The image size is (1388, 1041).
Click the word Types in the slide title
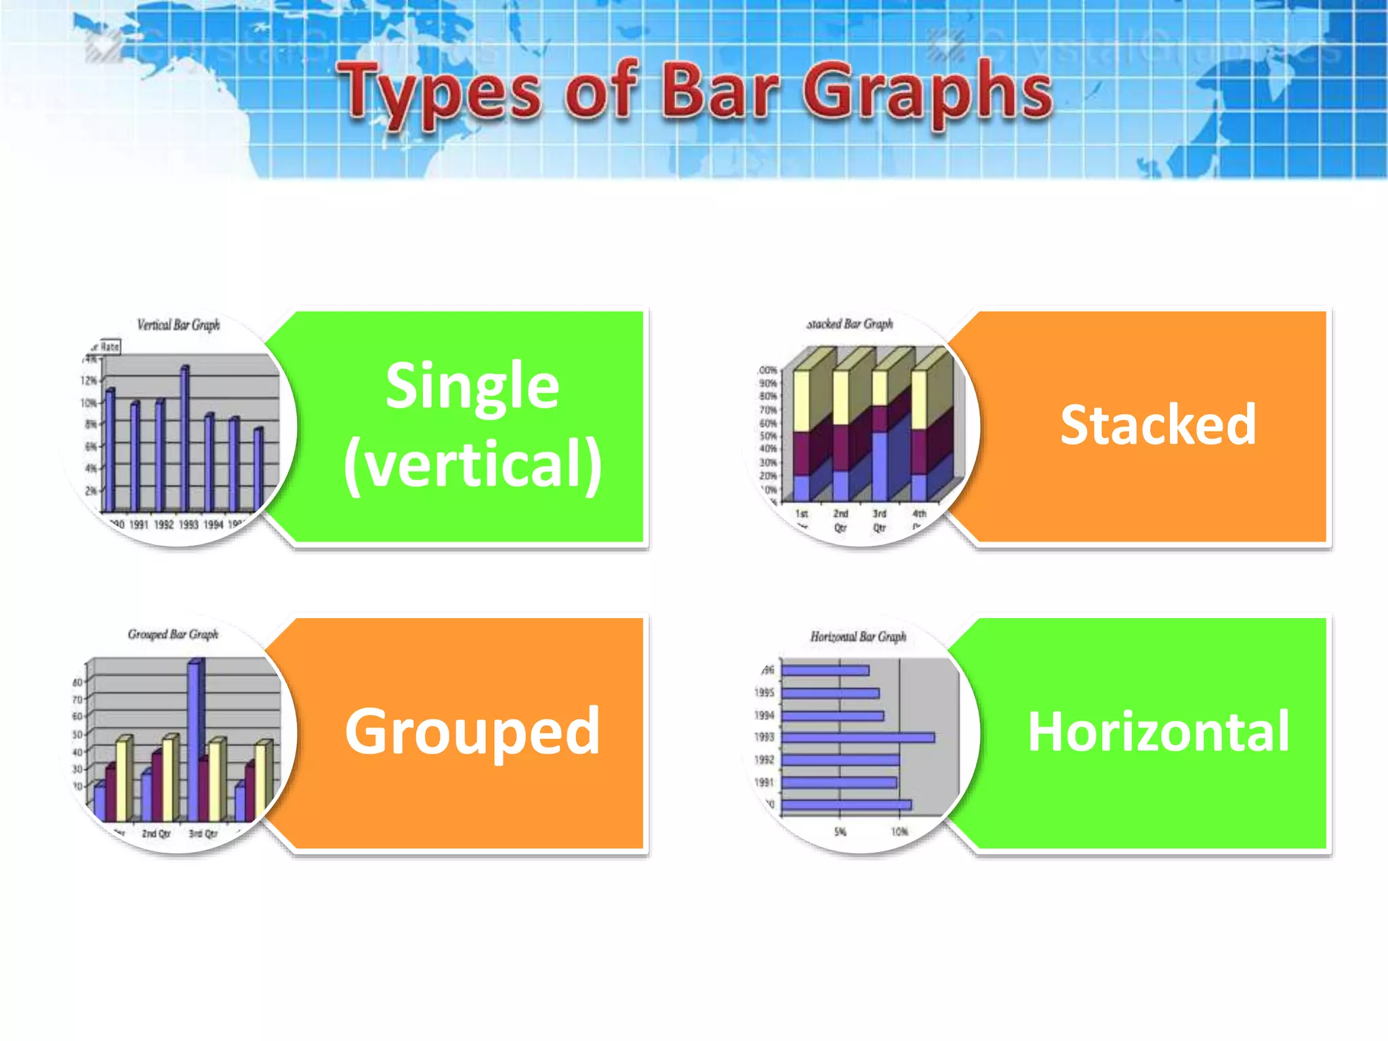439,91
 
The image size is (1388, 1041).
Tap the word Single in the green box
472,386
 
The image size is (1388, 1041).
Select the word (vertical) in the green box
472,465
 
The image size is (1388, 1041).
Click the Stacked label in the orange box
1158,425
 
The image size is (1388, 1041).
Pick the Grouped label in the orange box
472,731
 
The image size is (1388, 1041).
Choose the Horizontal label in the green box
1158,732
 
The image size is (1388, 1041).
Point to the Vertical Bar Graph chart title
178,325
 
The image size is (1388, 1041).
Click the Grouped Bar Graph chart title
173,634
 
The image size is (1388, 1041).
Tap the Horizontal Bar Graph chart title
858,637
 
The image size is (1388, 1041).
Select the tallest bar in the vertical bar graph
184,437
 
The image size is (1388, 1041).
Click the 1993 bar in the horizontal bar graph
857,737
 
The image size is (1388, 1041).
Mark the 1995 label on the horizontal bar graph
764,693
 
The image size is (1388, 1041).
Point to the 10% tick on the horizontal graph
899,832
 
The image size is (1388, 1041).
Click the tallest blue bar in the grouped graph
195,739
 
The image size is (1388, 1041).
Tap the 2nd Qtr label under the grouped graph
156,834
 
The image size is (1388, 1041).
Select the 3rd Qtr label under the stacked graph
879,520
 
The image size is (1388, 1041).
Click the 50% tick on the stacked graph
767,436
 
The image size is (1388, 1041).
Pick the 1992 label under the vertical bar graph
163,525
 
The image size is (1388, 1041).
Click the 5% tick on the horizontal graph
840,832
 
